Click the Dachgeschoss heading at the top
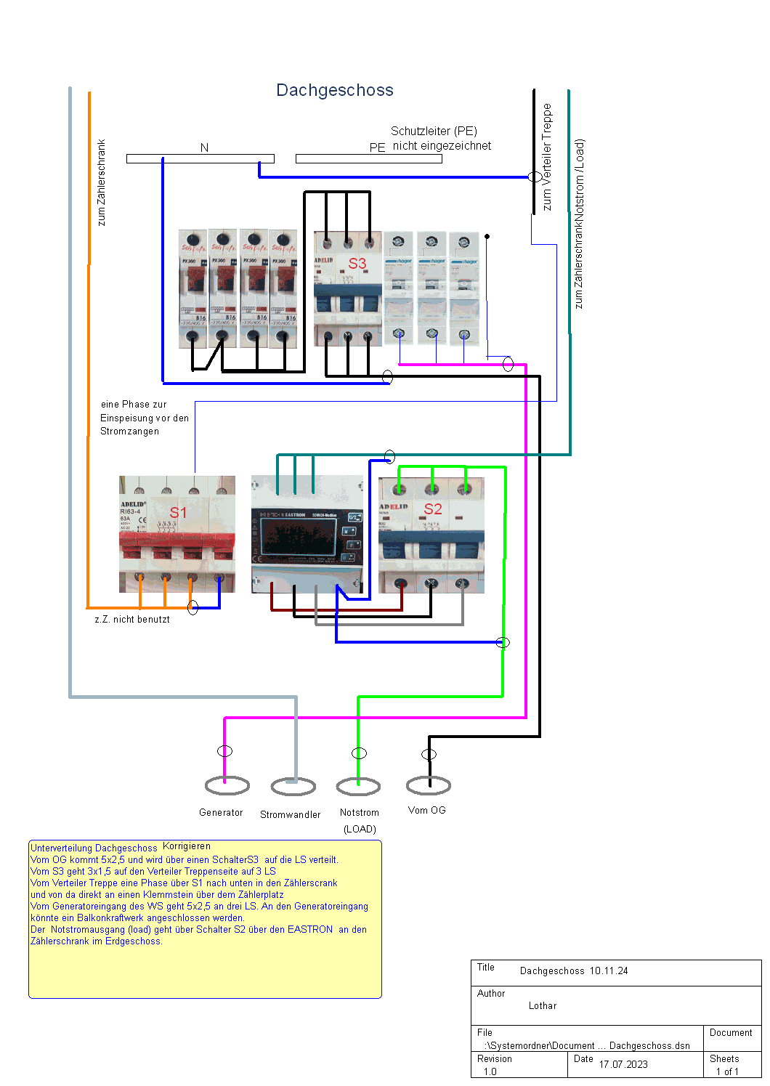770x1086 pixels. coord(335,90)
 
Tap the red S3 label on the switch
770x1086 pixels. coord(357,263)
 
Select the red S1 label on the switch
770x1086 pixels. coord(178,512)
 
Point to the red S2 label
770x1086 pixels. coord(433,508)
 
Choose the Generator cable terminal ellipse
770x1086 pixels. coord(227,785)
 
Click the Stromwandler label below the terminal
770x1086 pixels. coord(290,814)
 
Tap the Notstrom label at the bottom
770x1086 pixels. coord(360,812)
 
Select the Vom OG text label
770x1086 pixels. coord(426,810)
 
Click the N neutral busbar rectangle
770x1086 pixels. coord(200,158)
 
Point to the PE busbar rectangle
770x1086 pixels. coord(368,158)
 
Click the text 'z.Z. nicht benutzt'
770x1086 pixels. coord(132,620)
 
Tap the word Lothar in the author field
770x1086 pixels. coord(543,1006)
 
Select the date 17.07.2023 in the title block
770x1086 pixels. coord(623,1064)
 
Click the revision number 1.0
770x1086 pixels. coord(490,1071)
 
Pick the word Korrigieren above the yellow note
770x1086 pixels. coord(187,846)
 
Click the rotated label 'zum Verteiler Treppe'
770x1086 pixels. coord(547,156)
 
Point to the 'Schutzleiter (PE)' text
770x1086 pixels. coord(434,131)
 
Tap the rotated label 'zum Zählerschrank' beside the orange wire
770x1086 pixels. coord(101,182)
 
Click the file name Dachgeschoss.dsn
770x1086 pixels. coord(649,1045)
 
